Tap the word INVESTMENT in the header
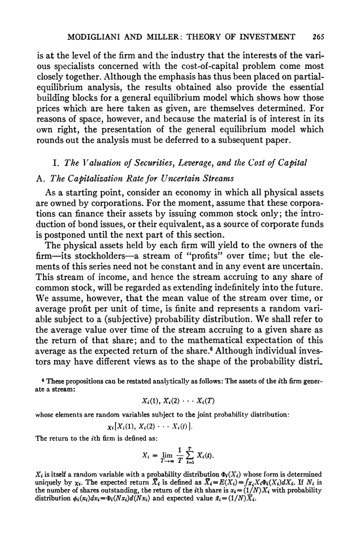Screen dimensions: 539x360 point(270,37)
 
